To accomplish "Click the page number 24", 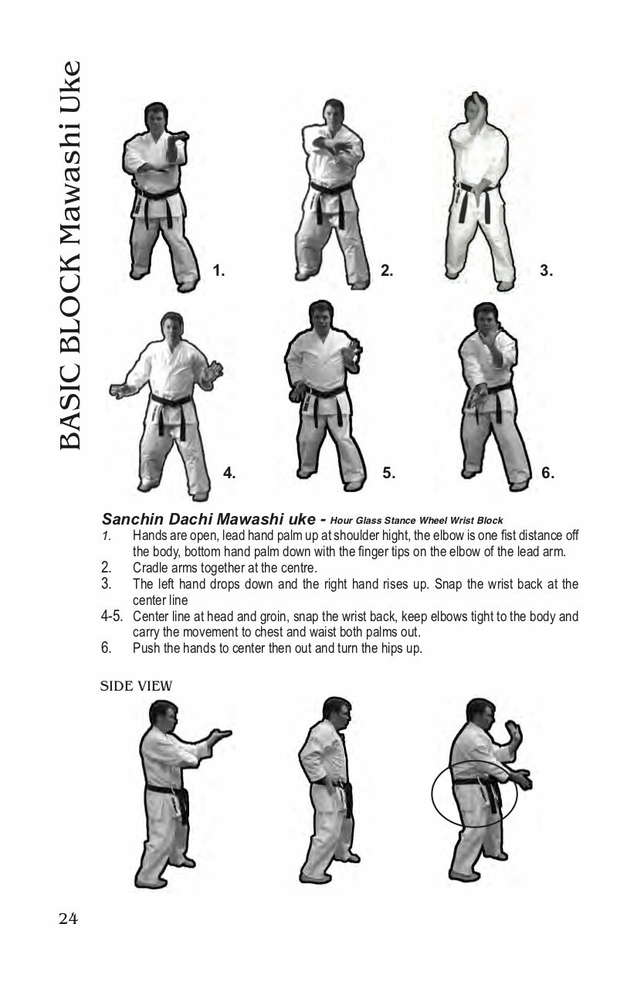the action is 68,919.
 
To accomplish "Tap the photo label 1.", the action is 219,270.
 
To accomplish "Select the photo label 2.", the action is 387,270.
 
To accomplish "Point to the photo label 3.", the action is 547,270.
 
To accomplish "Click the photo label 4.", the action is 229,473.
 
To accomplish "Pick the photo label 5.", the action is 388,473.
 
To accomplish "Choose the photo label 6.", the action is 547,473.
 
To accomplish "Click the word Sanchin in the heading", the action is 133,519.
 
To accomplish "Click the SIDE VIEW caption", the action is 136,686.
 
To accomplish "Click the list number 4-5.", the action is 112,616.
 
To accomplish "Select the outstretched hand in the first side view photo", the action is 219,735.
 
